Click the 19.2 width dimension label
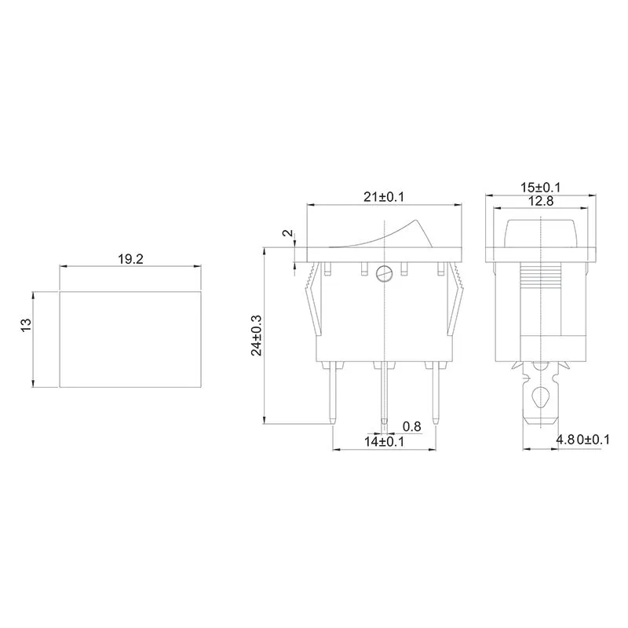point(130,258)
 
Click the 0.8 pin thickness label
point(411,426)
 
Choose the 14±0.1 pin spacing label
point(384,442)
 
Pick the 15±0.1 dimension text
point(542,188)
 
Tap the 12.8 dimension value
point(540,202)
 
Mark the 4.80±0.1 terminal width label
point(582,440)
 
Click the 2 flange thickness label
point(287,234)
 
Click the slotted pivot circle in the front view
point(384,274)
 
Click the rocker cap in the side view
point(541,232)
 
